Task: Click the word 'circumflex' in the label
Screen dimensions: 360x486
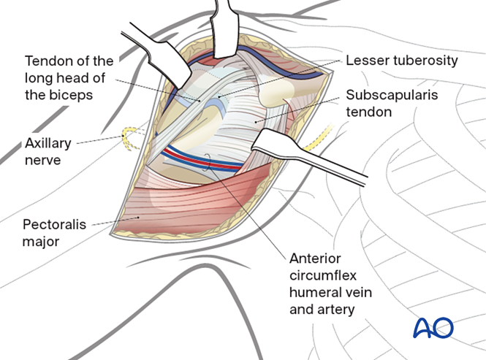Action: [x=316, y=277]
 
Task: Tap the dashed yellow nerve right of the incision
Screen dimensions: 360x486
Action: [x=322, y=138]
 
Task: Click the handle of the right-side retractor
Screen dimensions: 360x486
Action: [x=329, y=158]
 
